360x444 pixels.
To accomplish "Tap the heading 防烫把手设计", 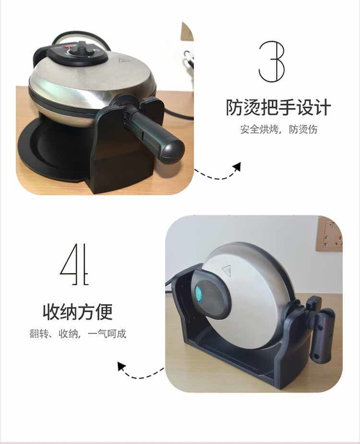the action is (278, 107).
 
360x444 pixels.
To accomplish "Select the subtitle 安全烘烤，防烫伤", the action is (278, 129).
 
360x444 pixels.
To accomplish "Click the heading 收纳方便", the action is (78, 312).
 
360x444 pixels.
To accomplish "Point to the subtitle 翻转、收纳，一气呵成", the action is (78, 334).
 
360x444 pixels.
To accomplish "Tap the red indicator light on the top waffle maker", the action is (68, 47).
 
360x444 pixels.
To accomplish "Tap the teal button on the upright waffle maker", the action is (199, 294).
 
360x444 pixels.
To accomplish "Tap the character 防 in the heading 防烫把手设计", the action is (234, 107).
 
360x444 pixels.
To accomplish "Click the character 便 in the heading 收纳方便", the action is (105, 312).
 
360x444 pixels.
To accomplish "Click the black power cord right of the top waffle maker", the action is (176, 114).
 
